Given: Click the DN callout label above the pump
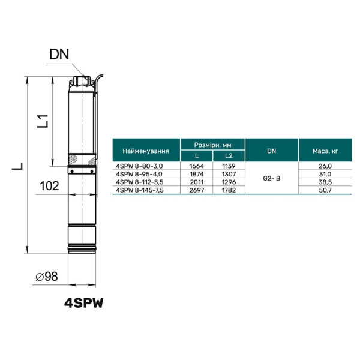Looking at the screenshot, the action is click(59, 55).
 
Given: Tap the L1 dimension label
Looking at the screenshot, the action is click(43, 121).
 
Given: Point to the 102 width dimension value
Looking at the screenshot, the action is click(49, 186).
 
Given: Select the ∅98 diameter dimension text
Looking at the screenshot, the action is click(47, 277).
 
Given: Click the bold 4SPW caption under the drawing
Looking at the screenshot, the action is click(84, 303).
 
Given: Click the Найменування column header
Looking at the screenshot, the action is click(146, 151).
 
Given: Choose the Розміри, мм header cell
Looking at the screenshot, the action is click(212, 145).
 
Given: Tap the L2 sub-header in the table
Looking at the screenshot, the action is click(229, 156).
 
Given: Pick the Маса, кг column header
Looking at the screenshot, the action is click(325, 151).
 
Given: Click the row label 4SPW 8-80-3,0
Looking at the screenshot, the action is click(139, 166).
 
